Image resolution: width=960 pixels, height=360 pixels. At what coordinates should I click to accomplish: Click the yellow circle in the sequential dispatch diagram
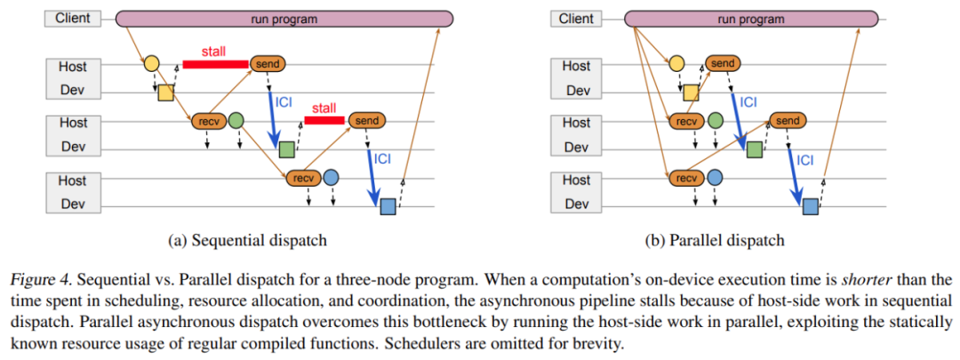click(151, 63)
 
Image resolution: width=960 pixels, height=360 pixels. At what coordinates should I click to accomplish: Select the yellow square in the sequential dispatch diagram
click(165, 92)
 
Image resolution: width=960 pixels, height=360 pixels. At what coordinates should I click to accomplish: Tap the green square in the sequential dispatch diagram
click(286, 149)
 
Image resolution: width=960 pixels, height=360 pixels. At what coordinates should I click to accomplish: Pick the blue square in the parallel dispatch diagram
click(810, 206)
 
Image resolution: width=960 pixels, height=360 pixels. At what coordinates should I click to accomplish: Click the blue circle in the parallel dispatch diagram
click(715, 178)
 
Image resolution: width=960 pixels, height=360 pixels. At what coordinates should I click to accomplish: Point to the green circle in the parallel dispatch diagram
click(716, 121)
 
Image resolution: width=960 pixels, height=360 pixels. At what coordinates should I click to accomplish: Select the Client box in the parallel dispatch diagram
click(576, 18)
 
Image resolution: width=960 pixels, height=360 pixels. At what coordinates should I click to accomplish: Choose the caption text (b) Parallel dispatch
click(715, 241)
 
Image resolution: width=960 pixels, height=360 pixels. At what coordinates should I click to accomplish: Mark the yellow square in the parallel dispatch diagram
click(691, 92)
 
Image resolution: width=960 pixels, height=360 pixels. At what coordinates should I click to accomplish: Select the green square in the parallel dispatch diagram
click(755, 149)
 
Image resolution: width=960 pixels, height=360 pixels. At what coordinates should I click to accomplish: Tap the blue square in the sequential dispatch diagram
click(388, 206)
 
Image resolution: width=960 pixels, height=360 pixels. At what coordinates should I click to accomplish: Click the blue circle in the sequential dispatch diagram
click(330, 178)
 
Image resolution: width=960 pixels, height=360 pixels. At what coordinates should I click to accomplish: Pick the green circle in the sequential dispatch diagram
click(236, 120)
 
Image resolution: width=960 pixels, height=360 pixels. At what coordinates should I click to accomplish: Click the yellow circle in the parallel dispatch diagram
click(677, 63)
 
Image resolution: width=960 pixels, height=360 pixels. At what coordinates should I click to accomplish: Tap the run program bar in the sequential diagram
click(284, 18)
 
